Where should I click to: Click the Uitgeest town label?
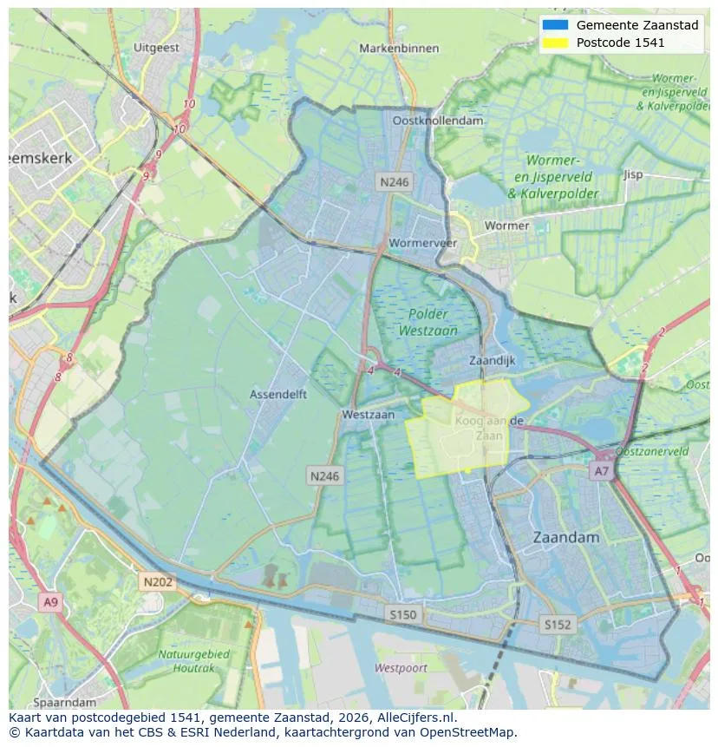157,49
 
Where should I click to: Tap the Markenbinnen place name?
400,49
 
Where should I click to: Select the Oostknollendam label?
438,121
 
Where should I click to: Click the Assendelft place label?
278,394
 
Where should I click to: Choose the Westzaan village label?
369,415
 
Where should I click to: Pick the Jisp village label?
633,174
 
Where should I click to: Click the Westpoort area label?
401,667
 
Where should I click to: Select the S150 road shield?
402,614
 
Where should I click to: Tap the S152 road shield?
558,624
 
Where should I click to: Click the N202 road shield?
158,582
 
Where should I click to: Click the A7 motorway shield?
600,470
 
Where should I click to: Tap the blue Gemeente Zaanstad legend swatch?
554,25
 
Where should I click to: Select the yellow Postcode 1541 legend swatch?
554,42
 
